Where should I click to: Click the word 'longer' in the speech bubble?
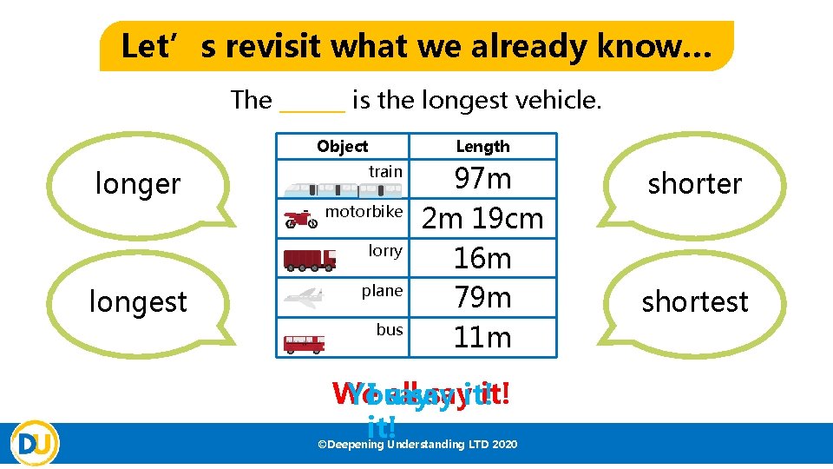(138, 184)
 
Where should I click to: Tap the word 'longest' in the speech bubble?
(138, 302)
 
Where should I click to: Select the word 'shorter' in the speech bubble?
(695, 184)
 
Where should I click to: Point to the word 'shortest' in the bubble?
(695, 302)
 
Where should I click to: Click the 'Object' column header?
(342, 147)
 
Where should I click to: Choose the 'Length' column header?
(483, 147)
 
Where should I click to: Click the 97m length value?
(483, 180)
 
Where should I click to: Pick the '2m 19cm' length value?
(482, 219)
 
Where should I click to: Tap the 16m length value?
(482, 258)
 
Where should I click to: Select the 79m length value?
(482, 298)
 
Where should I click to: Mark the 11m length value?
(482, 337)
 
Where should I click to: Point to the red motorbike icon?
(301, 220)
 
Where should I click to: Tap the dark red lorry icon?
(310, 258)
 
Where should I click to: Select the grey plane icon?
(304, 297)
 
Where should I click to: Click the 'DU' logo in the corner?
(36, 443)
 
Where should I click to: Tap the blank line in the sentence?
(312, 102)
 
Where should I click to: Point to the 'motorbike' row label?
(364, 212)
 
